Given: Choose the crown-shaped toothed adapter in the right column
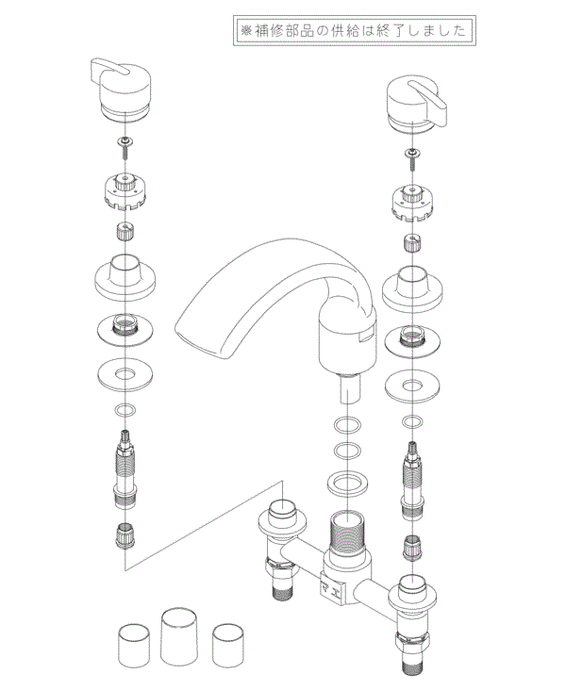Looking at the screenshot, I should [x=413, y=203].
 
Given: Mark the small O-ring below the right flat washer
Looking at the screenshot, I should [x=412, y=420].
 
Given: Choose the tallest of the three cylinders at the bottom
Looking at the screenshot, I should [x=181, y=635].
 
